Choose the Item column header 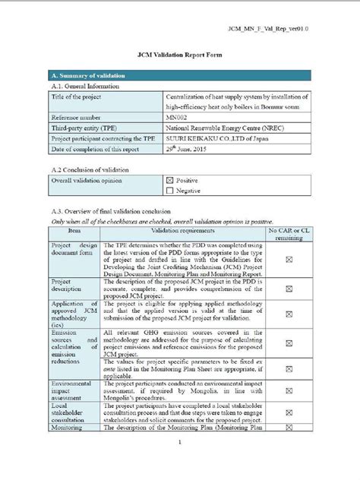pos(74,229)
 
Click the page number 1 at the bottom pos(179,441)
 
